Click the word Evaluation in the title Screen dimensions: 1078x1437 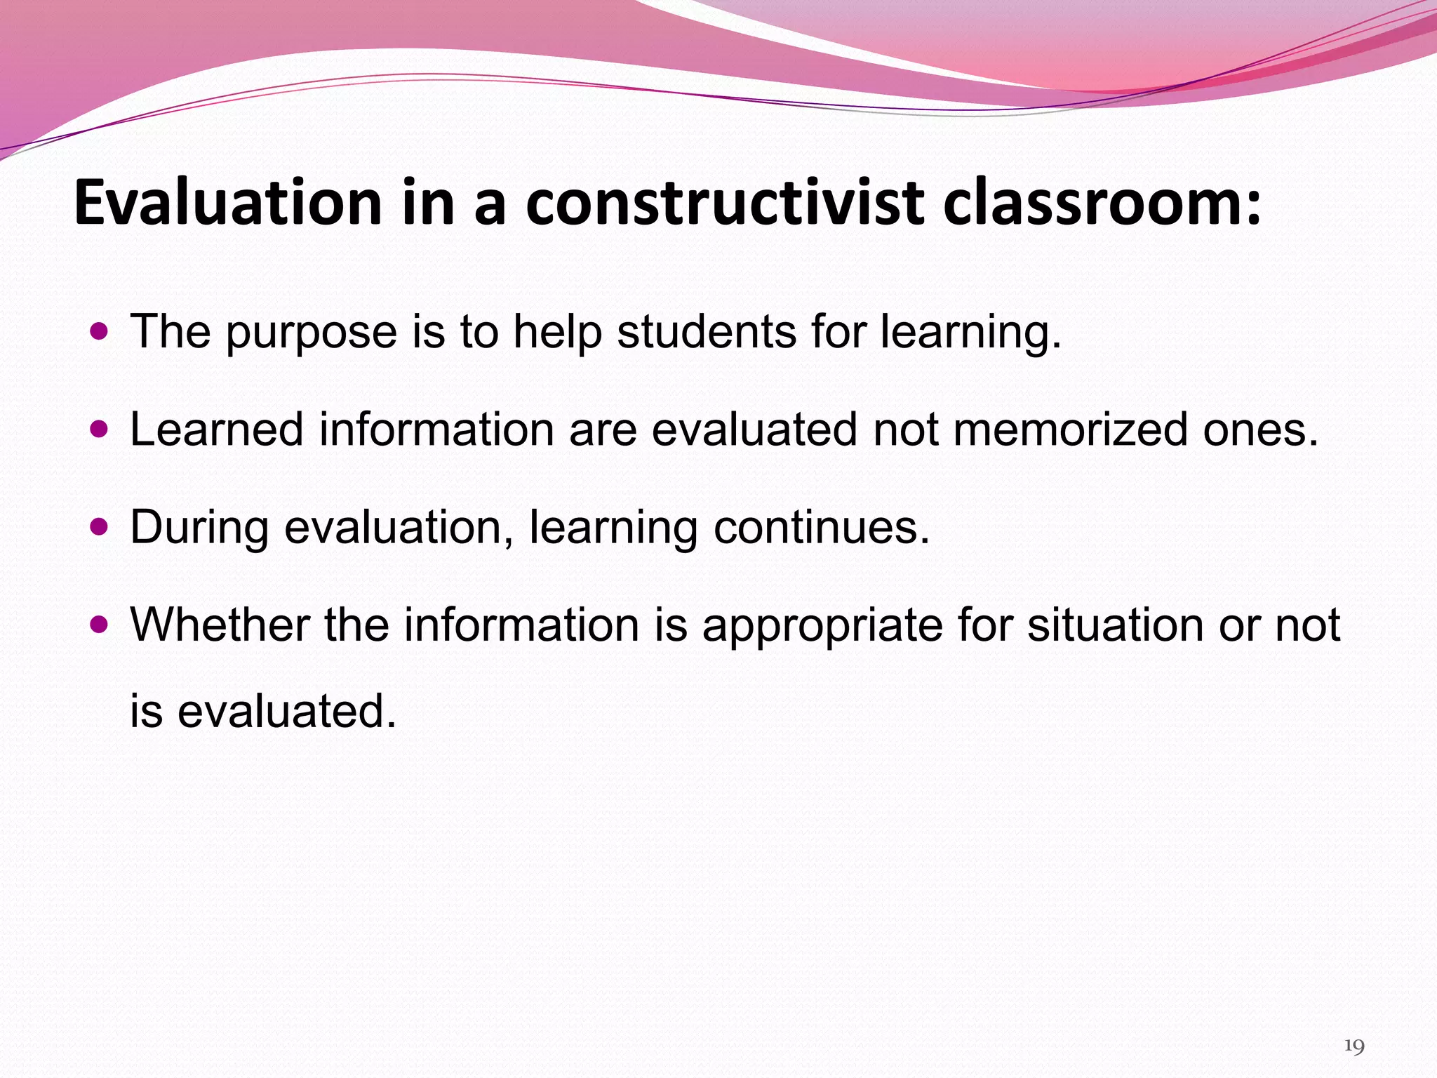coord(227,204)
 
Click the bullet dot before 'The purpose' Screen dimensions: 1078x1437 coord(100,330)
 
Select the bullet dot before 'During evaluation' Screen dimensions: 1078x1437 coord(100,526)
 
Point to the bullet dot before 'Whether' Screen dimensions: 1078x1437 coord(100,623)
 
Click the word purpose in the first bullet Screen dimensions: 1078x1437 coord(311,332)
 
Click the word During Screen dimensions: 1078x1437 coord(199,528)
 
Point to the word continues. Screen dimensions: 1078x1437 coord(821,527)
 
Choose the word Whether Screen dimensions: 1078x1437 coord(220,624)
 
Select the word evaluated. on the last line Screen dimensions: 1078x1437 coord(286,711)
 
